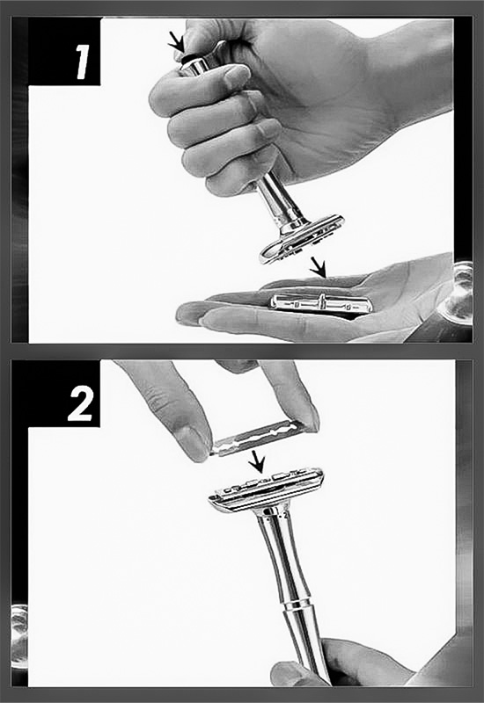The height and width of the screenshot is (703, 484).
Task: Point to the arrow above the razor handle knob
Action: tap(177, 43)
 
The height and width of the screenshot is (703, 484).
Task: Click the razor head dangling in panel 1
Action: tap(301, 238)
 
